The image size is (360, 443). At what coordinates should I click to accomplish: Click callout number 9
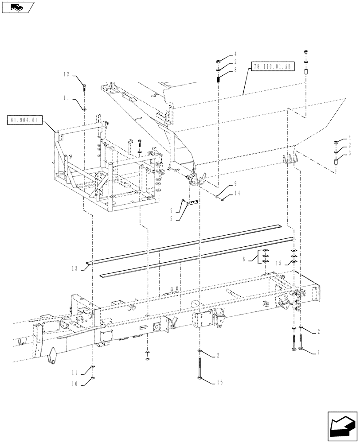pos(235,183)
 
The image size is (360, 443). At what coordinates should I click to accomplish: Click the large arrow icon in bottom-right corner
pos(341,426)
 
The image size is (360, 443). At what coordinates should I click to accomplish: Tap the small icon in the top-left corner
pos(16,6)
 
